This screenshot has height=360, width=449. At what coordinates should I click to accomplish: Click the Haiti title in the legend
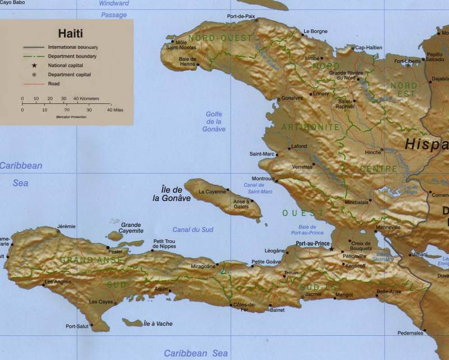(x=70, y=33)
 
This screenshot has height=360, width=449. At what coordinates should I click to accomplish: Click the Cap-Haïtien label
(x=369, y=48)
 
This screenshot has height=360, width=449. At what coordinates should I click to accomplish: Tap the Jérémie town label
(x=66, y=226)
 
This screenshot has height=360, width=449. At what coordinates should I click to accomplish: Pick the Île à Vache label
(x=158, y=323)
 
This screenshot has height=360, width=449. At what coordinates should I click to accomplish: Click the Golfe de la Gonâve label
(x=214, y=121)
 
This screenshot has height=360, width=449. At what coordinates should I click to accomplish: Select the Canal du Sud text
(x=193, y=230)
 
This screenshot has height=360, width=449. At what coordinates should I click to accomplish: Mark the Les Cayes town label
(x=102, y=302)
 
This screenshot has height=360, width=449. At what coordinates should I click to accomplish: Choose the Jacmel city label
(x=313, y=294)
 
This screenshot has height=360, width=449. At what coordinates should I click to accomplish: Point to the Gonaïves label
(x=291, y=97)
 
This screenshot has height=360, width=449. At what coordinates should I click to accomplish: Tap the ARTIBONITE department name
(x=310, y=127)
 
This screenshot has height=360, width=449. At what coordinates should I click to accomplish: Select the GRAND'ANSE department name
(x=85, y=260)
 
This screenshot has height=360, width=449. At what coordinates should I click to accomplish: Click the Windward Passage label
(x=114, y=9)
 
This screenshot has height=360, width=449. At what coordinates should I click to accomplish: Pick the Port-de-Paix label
(x=241, y=17)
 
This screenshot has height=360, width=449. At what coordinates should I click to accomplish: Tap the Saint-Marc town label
(x=262, y=153)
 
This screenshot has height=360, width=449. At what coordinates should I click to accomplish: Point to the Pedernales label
(x=410, y=333)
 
